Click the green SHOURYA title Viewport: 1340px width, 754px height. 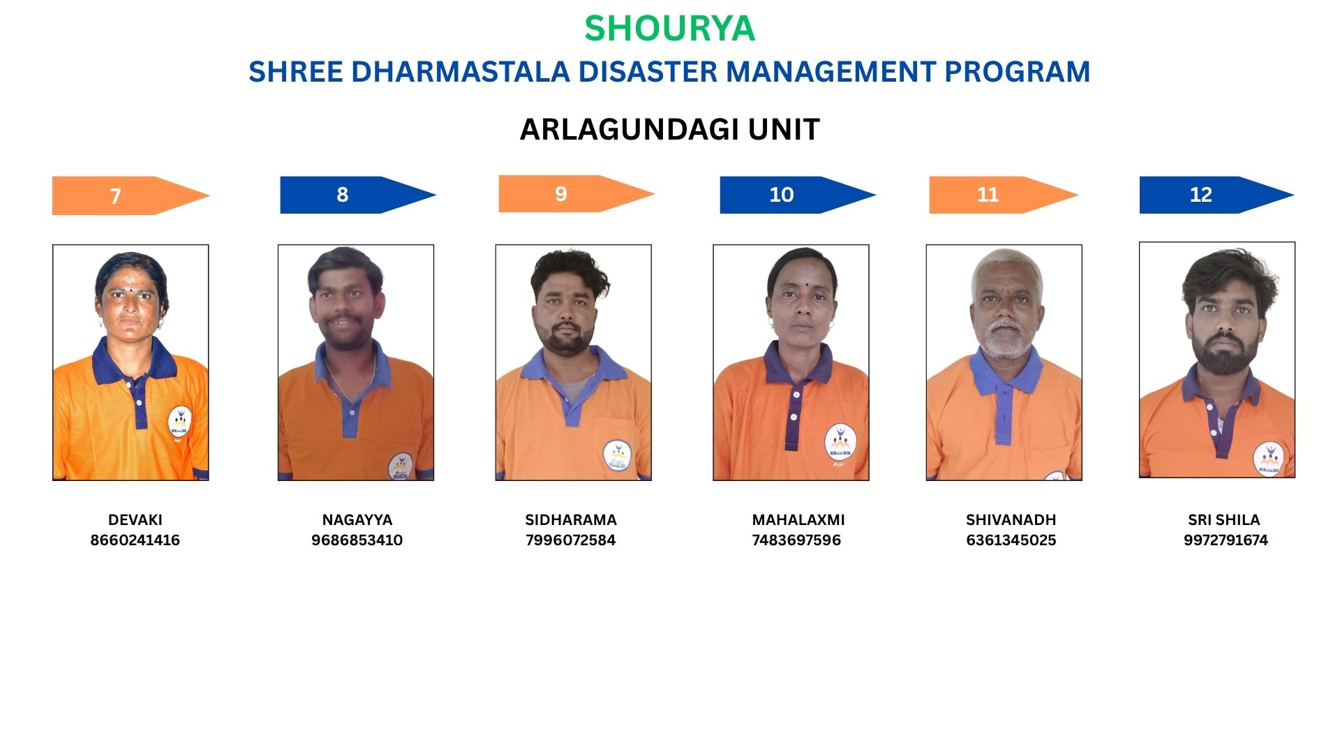[669, 29]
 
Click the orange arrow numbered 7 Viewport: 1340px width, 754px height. [131, 195]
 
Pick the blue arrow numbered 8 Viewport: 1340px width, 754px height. [358, 195]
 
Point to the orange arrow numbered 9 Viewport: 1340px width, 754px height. [576, 193]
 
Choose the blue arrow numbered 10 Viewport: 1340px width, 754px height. [798, 195]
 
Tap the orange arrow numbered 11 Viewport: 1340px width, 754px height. [1004, 195]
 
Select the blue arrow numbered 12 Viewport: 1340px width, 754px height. [1216, 195]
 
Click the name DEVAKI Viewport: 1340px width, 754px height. [135, 520]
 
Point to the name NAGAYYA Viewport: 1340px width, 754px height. [357, 520]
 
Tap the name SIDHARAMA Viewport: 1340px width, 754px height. [571, 520]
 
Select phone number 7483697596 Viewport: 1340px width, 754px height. [796, 540]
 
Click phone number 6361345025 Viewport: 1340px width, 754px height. [1011, 540]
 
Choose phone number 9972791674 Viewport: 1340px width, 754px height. [1226, 540]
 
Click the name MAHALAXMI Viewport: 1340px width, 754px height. [798, 520]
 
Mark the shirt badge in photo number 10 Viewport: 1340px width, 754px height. [840, 443]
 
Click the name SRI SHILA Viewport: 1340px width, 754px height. [1224, 520]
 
